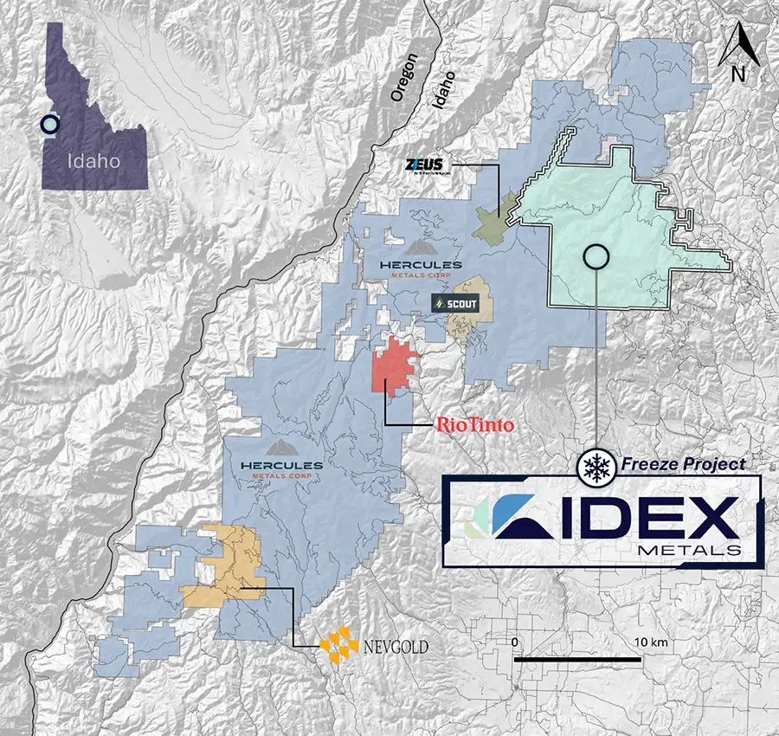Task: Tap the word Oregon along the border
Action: (x=404, y=78)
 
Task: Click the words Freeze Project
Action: (x=682, y=465)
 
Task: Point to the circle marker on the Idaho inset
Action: (x=51, y=125)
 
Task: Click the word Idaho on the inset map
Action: (x=94, y=161)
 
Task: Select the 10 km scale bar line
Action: (x=577, y=660)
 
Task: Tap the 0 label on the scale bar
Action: (x=515, y=642)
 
